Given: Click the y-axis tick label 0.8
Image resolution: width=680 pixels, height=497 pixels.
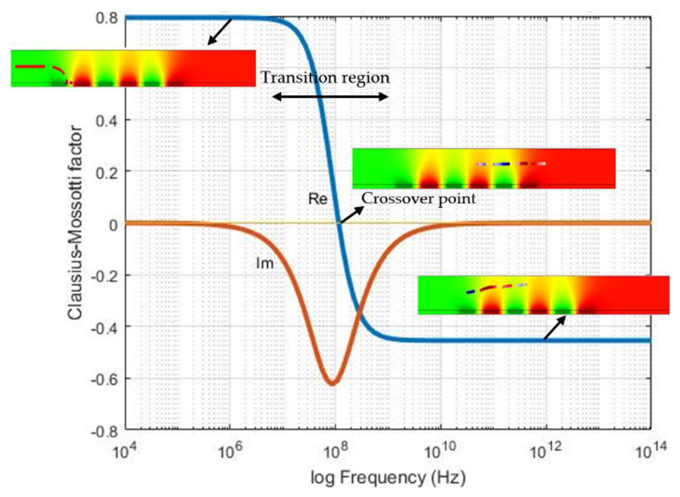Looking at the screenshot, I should click(106, 18).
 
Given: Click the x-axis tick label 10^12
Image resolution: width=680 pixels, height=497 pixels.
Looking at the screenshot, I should click(545, 452).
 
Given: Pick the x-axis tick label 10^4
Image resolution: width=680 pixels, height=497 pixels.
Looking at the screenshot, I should click(124, 452).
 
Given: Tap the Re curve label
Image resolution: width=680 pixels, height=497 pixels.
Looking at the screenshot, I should click(318, 199).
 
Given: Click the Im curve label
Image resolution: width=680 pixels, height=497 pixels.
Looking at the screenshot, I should click(265, 264).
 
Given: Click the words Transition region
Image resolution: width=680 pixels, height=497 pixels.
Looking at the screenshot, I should click(325, 78).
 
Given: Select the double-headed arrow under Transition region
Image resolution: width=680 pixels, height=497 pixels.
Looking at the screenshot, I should click(330, 96).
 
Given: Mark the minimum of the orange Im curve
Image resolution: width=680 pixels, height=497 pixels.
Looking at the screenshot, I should click(332, 383).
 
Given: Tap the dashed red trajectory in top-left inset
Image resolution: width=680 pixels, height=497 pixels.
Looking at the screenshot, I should click(42, 68).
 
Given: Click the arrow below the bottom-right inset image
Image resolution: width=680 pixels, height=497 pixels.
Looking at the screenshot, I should click(555, 327).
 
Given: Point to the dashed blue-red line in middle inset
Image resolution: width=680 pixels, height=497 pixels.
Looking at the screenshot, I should click(511, 164).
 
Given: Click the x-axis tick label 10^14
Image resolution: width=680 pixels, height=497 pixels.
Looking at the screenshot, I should click(650, 452).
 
